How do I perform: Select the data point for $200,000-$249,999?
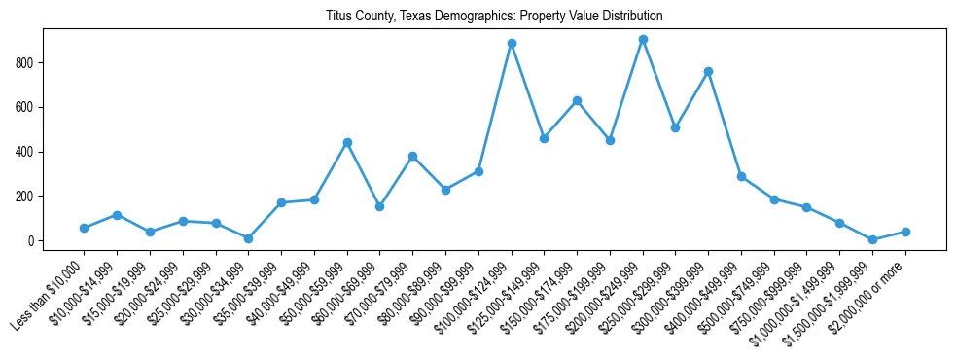tap(643, 39)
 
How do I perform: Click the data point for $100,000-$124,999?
tap(512, 43)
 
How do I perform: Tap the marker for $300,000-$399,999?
tap(708, 71)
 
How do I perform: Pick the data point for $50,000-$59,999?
tap(347, 142)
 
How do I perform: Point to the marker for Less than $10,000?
tap(85, 228)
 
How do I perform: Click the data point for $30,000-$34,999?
tap(249, 238)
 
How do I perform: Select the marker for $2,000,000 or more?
tap(905, 232)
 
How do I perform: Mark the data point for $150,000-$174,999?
tap(577, 100)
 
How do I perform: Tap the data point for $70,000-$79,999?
tap(412, 156)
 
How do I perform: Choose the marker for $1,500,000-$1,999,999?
tap(872, 239)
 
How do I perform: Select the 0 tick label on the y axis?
tap(32, 241)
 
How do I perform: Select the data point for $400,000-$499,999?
tap(741, 176)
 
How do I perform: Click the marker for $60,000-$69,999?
tap(380, 206)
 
